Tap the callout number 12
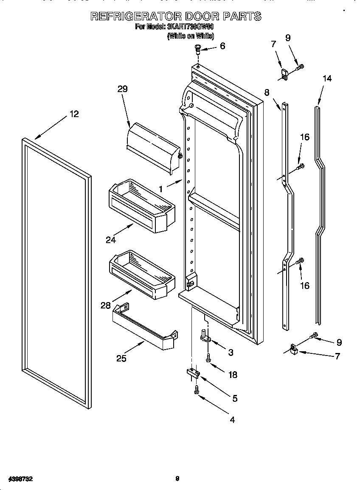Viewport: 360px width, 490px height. (x=74, y=114)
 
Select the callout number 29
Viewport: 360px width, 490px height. (x=122, y=89)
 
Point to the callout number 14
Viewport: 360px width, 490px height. (x=327, y=78)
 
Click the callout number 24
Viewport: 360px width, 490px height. (x=110, y=240)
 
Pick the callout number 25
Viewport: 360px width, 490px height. (x=121, y=358)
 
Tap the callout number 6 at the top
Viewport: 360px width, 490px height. (x=222, y=46)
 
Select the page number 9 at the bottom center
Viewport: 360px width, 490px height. (x=177, y=479)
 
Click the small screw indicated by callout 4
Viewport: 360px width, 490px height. (x=196, y=389)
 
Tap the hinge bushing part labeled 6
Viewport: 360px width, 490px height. (x=198, y=49)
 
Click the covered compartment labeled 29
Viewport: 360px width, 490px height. (x=153, y=146)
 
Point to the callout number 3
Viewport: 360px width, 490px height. (x=231, y=352)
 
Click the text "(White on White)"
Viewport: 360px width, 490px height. (x=191, y=36)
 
